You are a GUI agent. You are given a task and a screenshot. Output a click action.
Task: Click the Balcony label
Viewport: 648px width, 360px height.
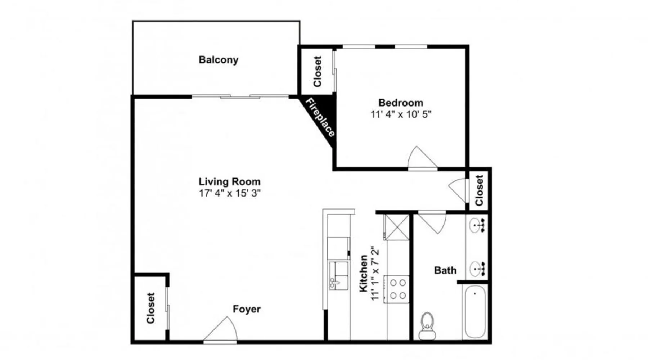tap(219, 60)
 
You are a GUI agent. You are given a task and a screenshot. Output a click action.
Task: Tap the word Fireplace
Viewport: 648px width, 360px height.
tap(320, 117)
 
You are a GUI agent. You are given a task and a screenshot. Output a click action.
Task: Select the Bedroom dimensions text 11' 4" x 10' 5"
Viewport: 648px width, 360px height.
tap(401, 114)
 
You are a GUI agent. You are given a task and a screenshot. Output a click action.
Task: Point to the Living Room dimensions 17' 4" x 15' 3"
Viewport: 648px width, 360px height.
tap(230, 193)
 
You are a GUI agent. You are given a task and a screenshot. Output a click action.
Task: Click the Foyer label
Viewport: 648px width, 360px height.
tap(247, 309)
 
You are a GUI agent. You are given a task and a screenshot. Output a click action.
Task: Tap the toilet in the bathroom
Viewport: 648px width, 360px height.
tap(427, 326)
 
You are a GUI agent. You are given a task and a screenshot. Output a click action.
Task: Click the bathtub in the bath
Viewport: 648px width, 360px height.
tap(475, 312)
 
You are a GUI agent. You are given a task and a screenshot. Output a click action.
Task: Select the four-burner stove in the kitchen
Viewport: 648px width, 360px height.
tap(397, 289)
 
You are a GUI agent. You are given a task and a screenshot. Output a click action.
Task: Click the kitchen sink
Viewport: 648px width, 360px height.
tap(339, 276)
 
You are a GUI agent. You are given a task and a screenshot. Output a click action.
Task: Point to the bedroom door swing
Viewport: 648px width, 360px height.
tap(422, 157)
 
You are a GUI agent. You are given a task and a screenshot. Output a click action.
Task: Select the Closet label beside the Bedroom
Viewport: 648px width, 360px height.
tap(317, 71)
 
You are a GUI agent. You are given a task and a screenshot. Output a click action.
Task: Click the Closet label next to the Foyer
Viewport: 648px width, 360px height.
tap(150, 308)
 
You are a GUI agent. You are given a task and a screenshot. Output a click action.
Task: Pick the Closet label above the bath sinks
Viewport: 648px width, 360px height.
tap(479, 190)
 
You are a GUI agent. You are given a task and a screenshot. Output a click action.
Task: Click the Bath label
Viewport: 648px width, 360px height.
tap(445, 270)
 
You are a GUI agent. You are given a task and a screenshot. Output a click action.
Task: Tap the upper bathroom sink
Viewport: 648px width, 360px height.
tap(477, 226)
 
